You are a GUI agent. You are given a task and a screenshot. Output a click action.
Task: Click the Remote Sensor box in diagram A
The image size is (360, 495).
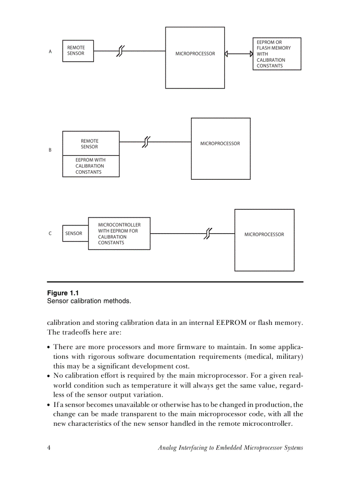pos(78,51)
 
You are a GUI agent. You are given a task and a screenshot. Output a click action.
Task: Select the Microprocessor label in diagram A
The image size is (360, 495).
pos(195,54)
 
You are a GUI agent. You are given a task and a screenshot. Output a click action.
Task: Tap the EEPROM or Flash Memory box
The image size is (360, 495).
pos(277,54)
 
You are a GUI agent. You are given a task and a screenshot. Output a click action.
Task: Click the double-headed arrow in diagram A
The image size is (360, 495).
pos(238,54)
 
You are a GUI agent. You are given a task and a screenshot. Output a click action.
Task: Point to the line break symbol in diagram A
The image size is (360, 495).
pos(120,51)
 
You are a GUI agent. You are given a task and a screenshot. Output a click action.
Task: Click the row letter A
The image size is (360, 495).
pos(50,52)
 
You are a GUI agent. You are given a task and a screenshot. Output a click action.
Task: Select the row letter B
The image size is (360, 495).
pos(50,150)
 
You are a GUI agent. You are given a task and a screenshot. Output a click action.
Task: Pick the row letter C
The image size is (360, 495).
pos(50,234)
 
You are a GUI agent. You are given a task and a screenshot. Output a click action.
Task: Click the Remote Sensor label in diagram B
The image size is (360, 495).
pos(90,144)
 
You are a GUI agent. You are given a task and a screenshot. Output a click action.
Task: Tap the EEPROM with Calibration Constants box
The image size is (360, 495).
pos(91,166)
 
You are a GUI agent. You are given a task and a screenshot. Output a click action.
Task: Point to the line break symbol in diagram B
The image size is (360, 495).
pos(146,142)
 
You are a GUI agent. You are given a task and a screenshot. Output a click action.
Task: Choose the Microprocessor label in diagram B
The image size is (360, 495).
pos(220,144)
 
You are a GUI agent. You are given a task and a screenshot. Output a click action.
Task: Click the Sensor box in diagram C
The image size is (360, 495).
pos(74,234)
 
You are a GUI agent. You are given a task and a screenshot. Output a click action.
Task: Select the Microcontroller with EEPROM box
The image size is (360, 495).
pos(119,234)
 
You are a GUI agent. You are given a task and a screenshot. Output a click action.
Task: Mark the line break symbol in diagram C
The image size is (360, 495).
pos(208,234)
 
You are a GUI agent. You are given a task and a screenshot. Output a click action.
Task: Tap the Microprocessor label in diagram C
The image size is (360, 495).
pos(264,234)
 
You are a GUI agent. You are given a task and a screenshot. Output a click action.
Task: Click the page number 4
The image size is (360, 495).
pos(49,448)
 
